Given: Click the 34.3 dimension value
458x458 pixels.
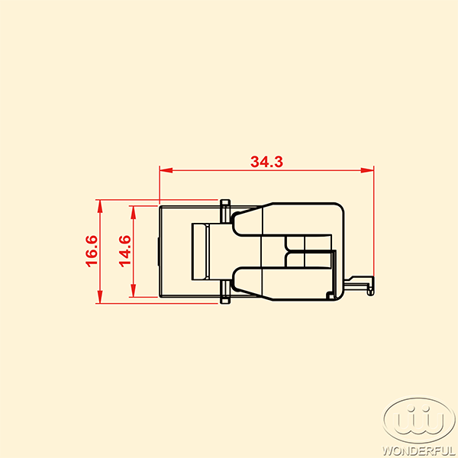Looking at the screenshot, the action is click(266, 162).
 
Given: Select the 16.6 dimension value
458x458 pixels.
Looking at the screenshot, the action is click(92, 251).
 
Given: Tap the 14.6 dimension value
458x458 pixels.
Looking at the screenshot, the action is click(125, 251).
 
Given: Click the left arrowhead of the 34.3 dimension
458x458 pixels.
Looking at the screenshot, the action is click(166, 170).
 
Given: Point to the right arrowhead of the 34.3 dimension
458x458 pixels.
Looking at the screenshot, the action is click(367, 170).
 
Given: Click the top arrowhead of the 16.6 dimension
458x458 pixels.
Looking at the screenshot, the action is click(100, 206).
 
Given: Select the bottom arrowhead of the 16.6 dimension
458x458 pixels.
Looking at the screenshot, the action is click(100, 297).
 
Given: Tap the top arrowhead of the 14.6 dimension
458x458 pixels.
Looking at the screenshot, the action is click(133, 212).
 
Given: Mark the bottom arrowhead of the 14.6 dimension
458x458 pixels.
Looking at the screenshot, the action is click(133, 291).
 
